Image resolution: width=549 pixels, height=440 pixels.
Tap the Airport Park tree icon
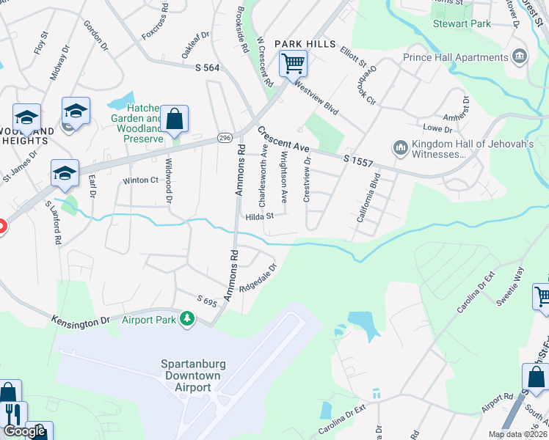[x=188, y=318]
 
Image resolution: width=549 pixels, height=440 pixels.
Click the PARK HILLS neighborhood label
[x=299, y=44]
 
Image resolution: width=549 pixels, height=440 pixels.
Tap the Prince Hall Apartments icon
[x=520, y=56]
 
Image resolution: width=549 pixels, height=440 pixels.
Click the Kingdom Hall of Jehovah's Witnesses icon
[x=401, y=148]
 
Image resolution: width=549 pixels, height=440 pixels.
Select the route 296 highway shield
[x=224, y=138]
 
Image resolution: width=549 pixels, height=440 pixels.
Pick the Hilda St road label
[x=259, y=216]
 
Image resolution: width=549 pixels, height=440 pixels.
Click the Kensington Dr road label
[x=80, y=320]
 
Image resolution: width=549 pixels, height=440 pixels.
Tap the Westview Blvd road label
[x=316, y=97]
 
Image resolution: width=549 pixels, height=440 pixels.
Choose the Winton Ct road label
[x=140, y=180]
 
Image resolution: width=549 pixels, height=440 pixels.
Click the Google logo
[x=24, y=430]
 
